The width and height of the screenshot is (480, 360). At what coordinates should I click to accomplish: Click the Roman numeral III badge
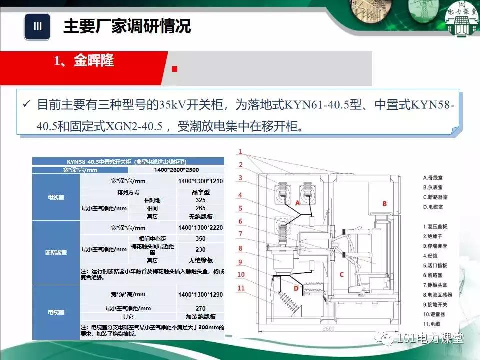[x=37, y=27]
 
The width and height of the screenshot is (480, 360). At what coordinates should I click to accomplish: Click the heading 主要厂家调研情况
[x=127, y=26]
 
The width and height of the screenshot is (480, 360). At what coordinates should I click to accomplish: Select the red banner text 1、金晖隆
[x=84, y=61]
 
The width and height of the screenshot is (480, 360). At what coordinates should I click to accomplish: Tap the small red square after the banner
[x=174, y=69]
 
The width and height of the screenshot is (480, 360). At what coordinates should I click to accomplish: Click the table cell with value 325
[x=200, y=200]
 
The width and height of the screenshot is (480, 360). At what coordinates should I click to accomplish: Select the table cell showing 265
[x=200, y=208]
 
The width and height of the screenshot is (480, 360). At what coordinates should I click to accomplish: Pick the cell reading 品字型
[x=200, y=192]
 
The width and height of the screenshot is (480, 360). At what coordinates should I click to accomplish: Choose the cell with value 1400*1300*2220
[x=200, y=228]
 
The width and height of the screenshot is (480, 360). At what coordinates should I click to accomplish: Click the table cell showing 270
[x=200, y=308]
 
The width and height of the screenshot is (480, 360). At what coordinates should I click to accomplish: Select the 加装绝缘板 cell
[x=200, y=317]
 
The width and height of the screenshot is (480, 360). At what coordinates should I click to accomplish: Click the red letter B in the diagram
[x=385, y=203]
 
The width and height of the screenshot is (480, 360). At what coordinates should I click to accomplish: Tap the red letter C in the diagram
[x=341, y=274]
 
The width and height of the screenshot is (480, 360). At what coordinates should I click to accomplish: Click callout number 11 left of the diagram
[x=241, y=288]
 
